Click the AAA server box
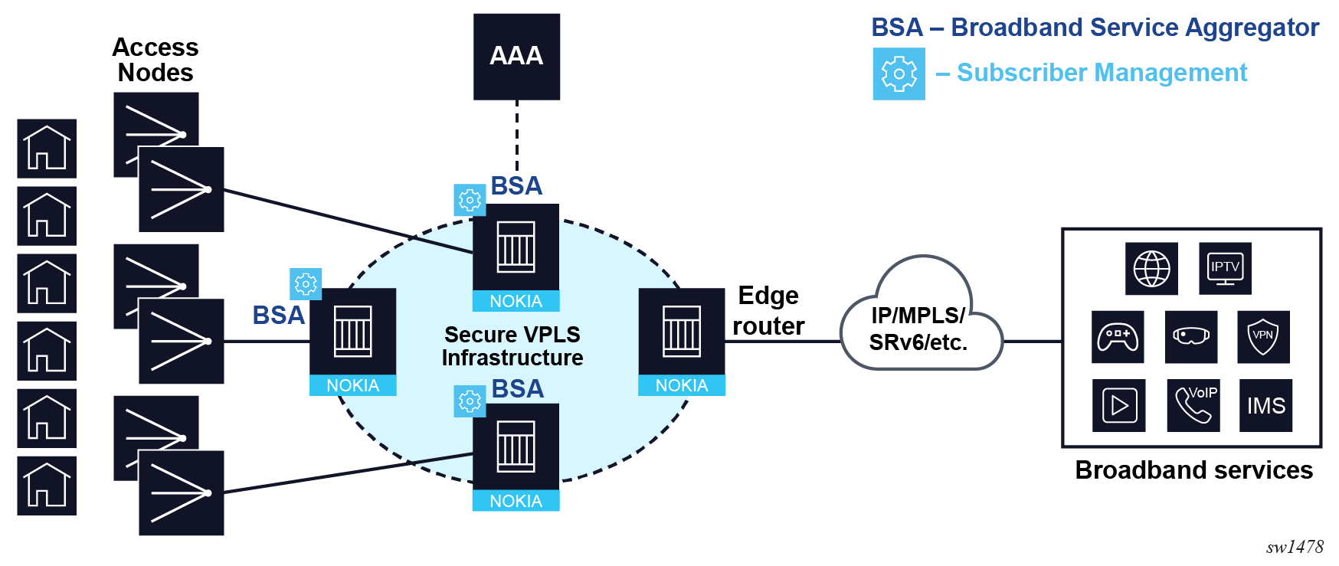pyautogui.click(x=516, y=57)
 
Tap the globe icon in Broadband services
pyautogui.click(x=1151, y=269)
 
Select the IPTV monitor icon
pyautogui.click(x=1225, y=269)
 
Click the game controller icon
pyautogui.click(x=1118, y=336)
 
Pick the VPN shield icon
pyautogui.click(x=1263, y=336)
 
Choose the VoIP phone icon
pyautogui.click(x=1193, y=405)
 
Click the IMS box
pyautogui.click(x=1265, y=405)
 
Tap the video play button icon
pyautogui.click(x=1119, y=405)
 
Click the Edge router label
pyautogui.click(x=768, y=311)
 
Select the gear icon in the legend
pyautogui.click(x=899, y=74)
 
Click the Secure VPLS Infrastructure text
pyautogui.click(x=512, y=346)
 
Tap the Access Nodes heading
pyautogui.click(x=156, y=60)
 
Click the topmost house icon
pyautogui.click(x=47, y=149)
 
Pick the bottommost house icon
pyautogui.click(x=47, y=486)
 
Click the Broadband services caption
pyautogui.click(x=1193, y=469)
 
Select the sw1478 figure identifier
pyautogui.click(x=1295, y=547)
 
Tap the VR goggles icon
pyautogui.click(x=1191, y=336)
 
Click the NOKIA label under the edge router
pyautogui.click(x=682, y=385)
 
